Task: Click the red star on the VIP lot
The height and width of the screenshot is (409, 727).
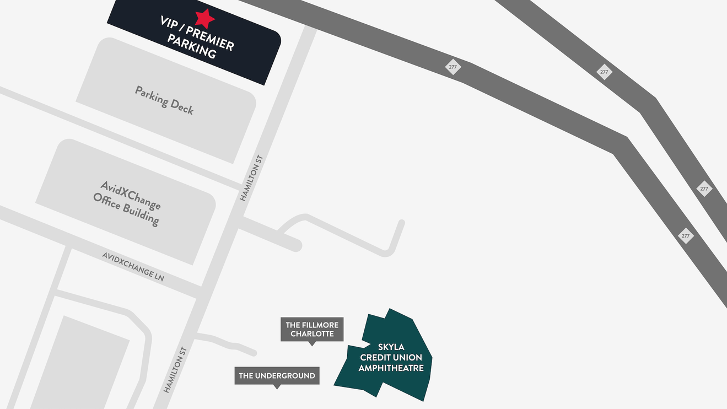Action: pyautogui.click(x=204, y=18)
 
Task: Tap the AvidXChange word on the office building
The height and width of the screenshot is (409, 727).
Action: pyautogui.click(x=131, y=195)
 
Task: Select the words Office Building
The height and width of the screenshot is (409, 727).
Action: pyautogui.click(x=126, y=210)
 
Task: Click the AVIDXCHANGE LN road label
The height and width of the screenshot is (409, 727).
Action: pyautogui.click(x=133, y=266)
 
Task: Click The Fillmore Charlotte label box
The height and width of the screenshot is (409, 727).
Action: pyautogui.click(x=312, y=330)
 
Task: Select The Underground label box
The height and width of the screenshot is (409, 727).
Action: pyautogui.click(x=277, y=376)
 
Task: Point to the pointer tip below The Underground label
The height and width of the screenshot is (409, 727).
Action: pyautogui.click(x=277, y=388)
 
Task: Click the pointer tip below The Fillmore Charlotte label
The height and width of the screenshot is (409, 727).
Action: pyautogui.click(x=312, y=345)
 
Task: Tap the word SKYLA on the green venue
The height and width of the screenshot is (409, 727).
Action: pyautogui.click(x=391, y=347)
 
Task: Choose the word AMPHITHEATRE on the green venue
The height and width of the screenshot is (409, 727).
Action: pyautogui.click(x=391, y=368)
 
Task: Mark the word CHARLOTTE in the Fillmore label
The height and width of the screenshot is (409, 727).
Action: pyautogui.click(x=312, y=334)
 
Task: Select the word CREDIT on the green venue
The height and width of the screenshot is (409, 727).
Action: pyautogui.click(x=375, y=357)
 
